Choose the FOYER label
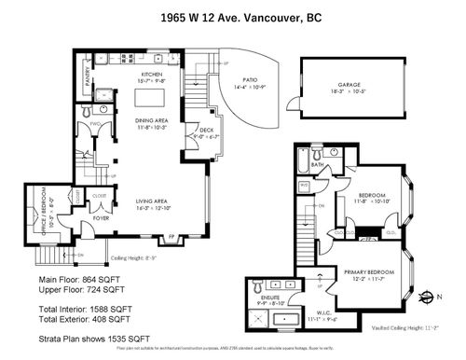[x=101, y=219]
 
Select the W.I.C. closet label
[x=319, y=324]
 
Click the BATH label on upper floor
[x=317, y=165]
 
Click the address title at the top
[x=233, y=16]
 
